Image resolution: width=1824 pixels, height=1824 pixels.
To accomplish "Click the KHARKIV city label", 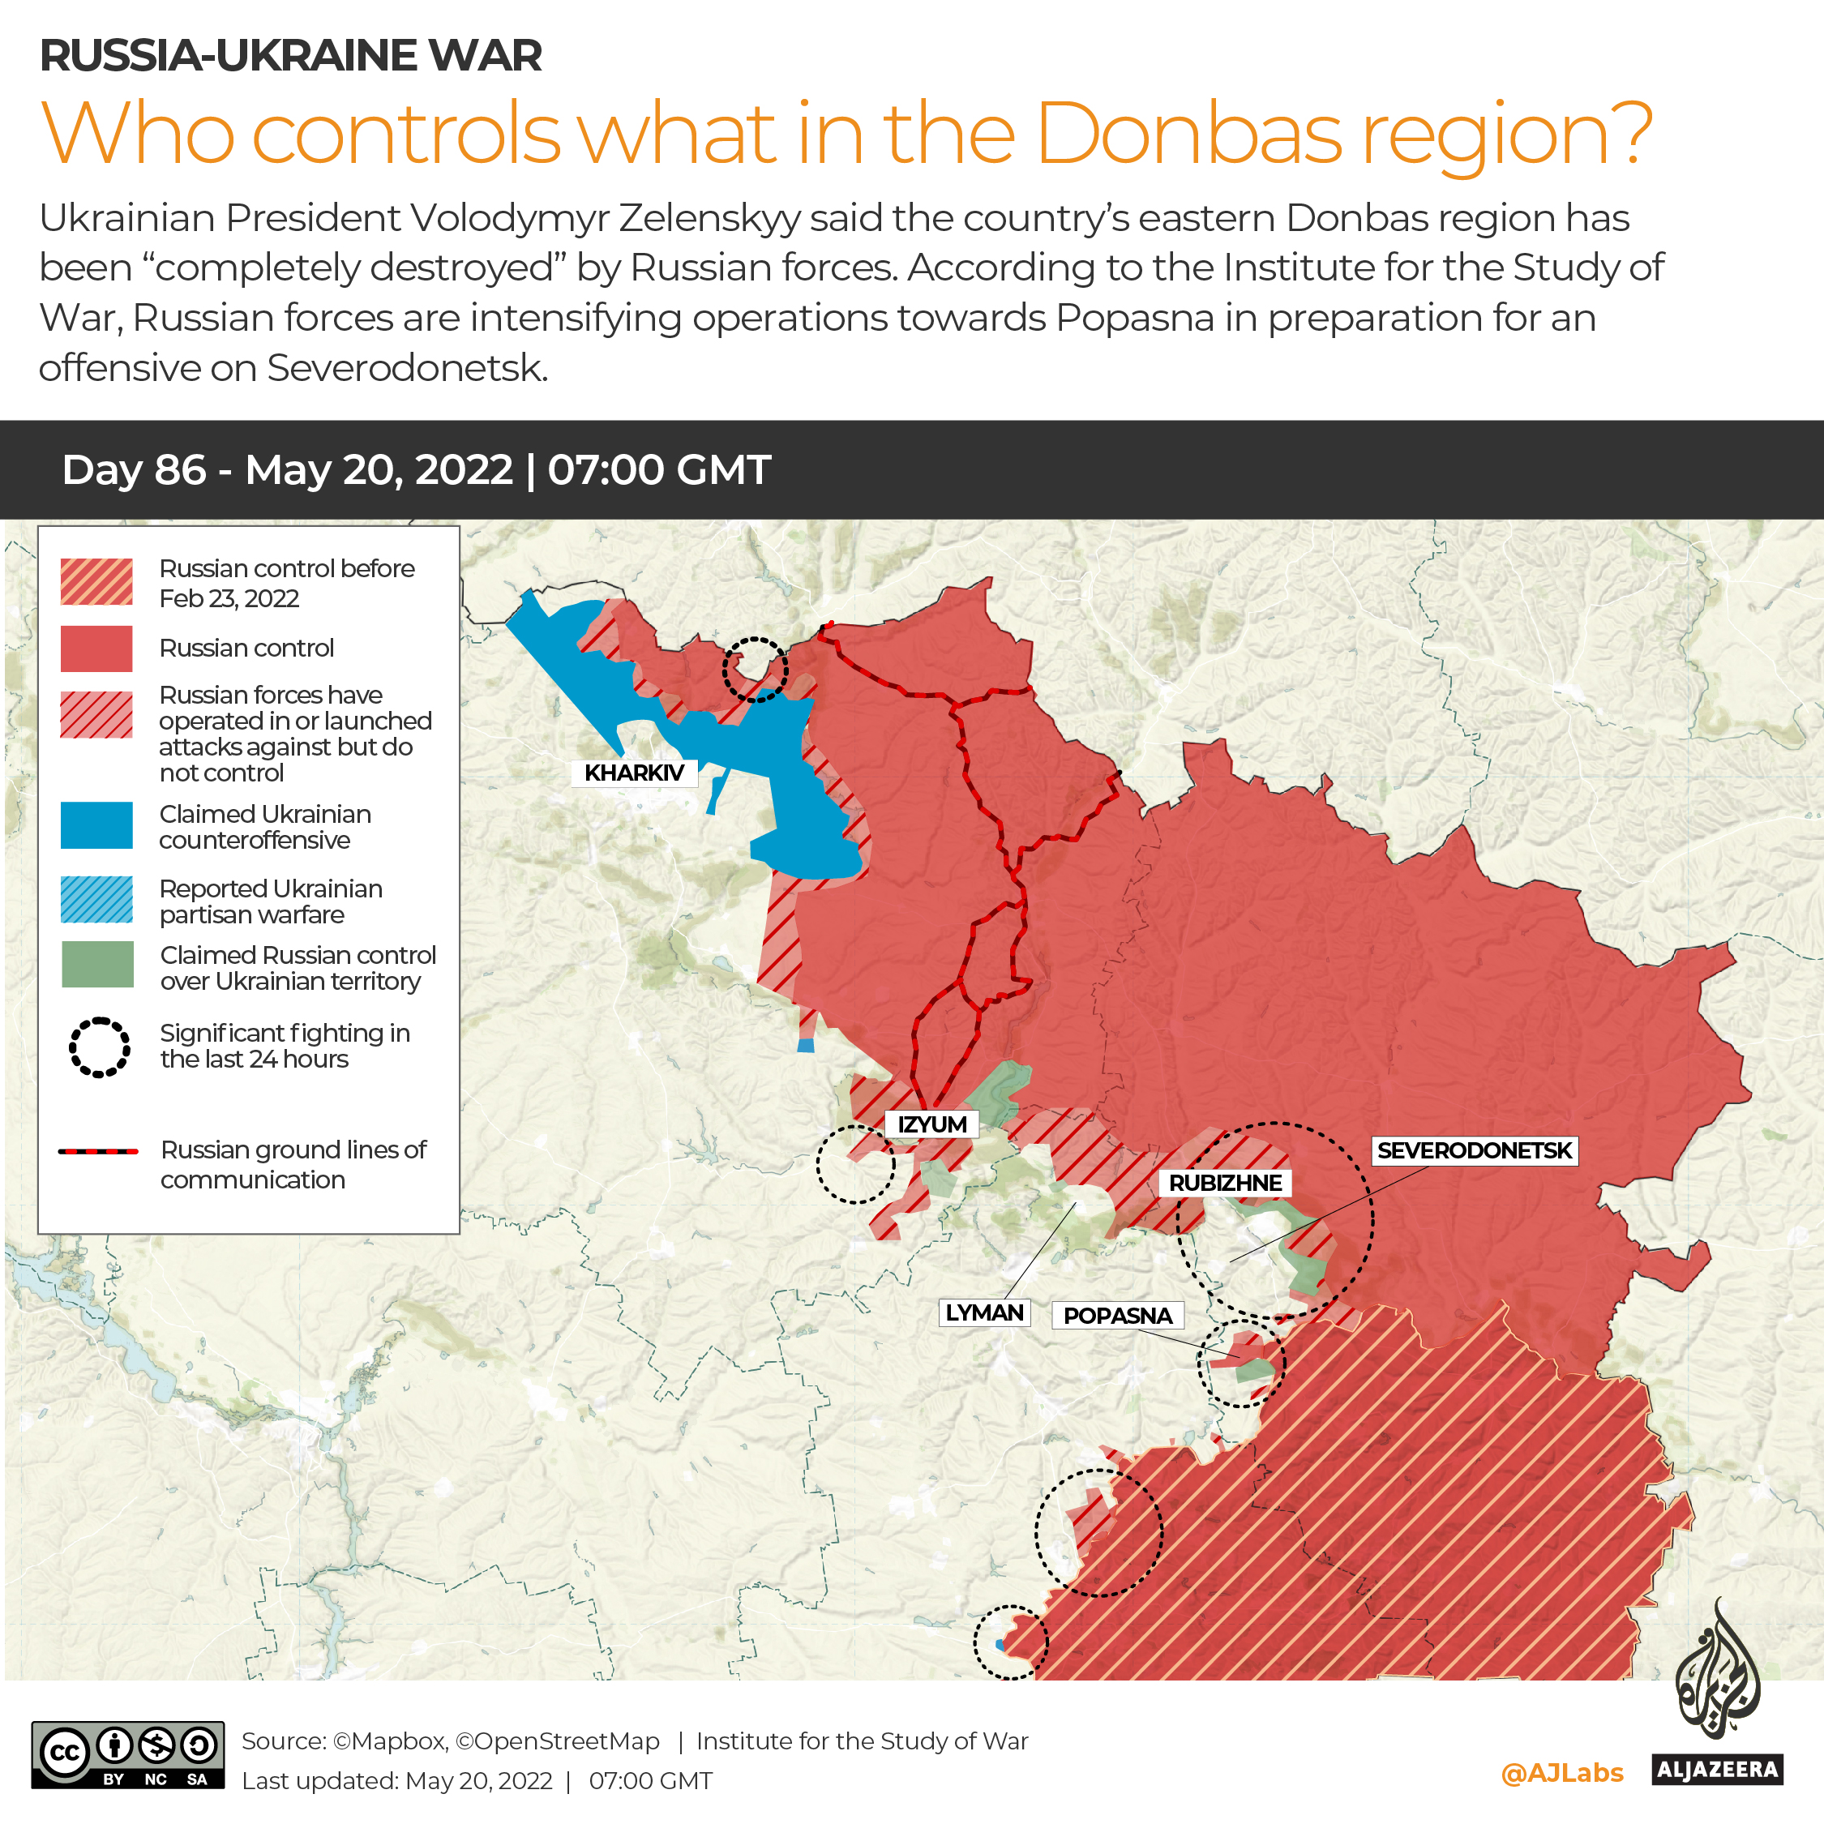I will (633, 773).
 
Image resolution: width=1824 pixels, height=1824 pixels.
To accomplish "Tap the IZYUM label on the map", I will (931, 1124).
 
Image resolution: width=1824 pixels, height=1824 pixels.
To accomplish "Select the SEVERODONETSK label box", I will (1474, 1151).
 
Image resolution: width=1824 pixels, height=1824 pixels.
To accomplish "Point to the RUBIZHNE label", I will (1224, 1183).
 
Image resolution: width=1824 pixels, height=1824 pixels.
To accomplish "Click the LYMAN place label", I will (984, 1313).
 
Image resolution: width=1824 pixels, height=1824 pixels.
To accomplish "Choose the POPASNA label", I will (1117, 1316).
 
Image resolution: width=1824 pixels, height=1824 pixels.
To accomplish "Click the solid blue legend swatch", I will (96, 826).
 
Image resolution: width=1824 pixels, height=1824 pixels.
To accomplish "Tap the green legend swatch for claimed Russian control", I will (97, 965).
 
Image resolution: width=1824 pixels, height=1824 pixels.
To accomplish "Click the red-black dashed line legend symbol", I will (98, 1152).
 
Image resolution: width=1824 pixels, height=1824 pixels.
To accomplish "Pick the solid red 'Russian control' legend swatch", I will (96, 649).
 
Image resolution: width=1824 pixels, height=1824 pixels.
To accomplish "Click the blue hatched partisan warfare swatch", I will (96, 900).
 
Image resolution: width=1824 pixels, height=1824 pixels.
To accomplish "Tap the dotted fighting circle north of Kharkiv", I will (755, 670).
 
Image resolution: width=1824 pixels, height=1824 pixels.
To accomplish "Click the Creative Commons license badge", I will (128, 1755).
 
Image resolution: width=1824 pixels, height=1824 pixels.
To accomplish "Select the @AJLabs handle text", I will (1561, 1773).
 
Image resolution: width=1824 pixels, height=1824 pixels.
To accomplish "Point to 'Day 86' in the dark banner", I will (134, 470).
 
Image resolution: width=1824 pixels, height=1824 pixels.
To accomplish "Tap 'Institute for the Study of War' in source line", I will (861, 1741).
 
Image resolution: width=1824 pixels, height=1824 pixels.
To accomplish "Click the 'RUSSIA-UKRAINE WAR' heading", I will (291, 56).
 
